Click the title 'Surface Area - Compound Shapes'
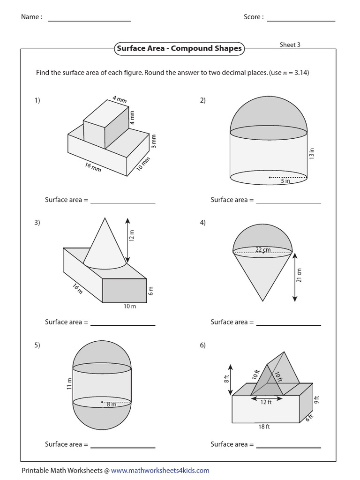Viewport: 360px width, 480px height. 179,48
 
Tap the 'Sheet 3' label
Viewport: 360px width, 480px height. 290,45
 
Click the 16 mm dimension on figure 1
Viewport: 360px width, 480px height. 93,166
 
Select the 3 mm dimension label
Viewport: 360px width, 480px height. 153,141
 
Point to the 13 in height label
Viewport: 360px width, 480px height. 312,154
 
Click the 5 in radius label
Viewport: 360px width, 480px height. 285,181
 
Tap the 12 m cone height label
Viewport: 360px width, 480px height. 132,235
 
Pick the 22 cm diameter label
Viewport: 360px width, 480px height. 263,250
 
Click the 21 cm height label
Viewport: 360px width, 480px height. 299,275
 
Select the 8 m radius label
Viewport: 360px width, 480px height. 111,405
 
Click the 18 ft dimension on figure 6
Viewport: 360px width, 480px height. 264,427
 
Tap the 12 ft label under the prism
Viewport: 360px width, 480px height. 266,402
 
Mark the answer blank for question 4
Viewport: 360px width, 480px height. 289,324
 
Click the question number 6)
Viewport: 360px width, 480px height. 202,345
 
